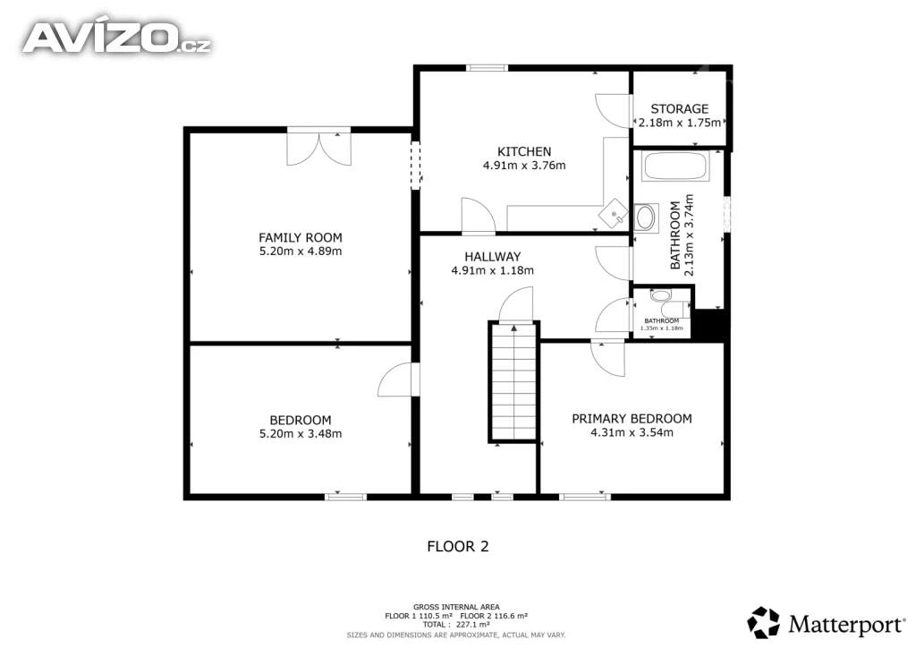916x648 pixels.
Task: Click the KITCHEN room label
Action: coord(524,151)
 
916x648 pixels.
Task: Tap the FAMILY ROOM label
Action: coord(301,238)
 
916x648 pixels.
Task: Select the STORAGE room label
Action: coord(680,108)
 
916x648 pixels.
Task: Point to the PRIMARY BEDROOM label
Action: coord(632,419)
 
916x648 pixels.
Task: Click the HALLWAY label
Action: coord(493,257)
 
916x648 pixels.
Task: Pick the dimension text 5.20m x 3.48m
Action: coord(301,433)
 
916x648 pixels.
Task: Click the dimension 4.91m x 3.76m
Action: coord(524,166)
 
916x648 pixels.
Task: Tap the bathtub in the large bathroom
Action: coord(675,166)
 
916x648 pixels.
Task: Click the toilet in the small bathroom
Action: coord(669,303)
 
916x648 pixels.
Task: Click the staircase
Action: coord(513,381)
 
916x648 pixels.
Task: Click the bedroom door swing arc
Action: coord(394,379)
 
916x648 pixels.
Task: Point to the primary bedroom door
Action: coord(607,359)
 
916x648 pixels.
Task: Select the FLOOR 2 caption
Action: coord(457,546)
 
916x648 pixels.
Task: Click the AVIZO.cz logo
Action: coord(116,38)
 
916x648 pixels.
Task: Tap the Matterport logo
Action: coord(826,624)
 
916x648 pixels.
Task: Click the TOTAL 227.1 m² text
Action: coord(456,625)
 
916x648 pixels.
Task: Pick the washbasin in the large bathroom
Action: coord(645,218)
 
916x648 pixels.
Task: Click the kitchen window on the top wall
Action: coord(487,68)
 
